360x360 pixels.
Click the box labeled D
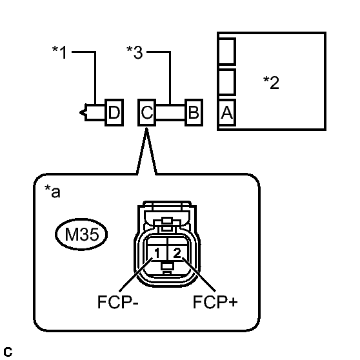(114, 112)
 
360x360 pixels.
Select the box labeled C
(146, 112)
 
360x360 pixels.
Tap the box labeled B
(194, 112)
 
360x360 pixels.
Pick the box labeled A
(226, 113)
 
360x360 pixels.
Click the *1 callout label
(59, 52)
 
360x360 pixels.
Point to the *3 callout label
(135, 52)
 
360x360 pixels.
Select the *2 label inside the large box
(271, 83)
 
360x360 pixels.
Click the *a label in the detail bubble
(52, 191)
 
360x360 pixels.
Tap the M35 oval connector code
(81, 234)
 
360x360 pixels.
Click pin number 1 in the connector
(157, 254)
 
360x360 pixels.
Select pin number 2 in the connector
(177, 253)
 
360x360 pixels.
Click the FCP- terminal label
(118, 302)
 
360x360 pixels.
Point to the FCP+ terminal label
(215, 302)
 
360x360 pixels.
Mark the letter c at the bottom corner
(8, 352)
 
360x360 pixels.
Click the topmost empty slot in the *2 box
(226, 51)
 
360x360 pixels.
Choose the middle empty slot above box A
(226, 82)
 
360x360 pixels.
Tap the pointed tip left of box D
(80, 112)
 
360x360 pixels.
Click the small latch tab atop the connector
(167, 221)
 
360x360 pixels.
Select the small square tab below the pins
(167, 266)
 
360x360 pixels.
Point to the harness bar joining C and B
(170, 112)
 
